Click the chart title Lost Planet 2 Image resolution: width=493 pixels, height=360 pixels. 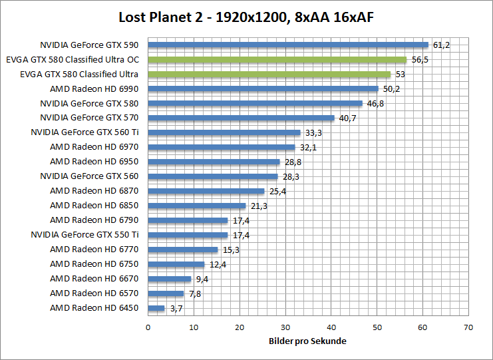click(246, 17)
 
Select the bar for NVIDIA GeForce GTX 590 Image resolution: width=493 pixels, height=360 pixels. click(288, 45)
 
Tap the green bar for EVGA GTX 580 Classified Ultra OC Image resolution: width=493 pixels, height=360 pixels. click(277, 60)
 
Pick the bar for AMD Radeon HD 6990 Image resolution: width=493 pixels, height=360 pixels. click(263, 89)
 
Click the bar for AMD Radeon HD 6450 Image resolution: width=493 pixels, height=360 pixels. click(156, 308)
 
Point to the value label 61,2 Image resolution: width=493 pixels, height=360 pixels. click(442, 45)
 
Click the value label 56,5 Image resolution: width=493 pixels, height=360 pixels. click(420, 60)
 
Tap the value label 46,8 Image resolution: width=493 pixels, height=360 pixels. click(375, 104)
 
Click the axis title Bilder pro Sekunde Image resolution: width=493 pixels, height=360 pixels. click(308, 341)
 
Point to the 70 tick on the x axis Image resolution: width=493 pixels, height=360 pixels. click(468, 327)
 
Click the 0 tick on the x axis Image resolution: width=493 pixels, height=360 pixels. click(148, 327)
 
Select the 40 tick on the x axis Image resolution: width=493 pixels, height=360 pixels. click(331, 327)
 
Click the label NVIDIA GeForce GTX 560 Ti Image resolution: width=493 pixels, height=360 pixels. click(84, 132)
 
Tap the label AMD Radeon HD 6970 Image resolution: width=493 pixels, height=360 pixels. click(94, 147)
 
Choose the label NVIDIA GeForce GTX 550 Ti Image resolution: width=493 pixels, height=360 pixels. click(84, 235)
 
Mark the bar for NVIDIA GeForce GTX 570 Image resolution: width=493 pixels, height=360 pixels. click(241, 118)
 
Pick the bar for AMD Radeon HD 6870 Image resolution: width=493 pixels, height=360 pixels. click(206, 191)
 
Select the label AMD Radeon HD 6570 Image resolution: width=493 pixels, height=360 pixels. click(94, 293)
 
